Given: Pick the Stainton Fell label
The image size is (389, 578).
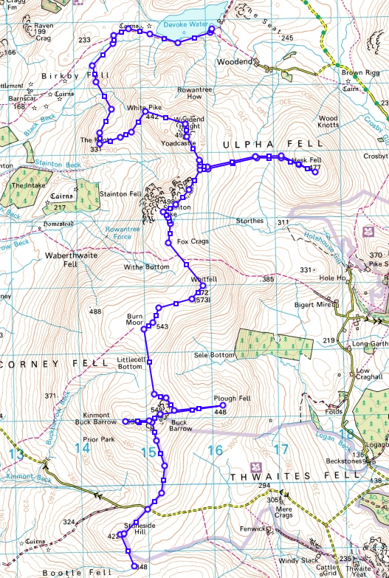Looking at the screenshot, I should (125, 193).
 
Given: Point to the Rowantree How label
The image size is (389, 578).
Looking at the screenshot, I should (185, 96).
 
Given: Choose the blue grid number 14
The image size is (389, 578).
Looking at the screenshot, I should (82, 448).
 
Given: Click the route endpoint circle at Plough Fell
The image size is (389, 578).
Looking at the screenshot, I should (223, 405).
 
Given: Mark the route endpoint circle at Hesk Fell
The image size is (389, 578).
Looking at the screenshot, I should (315, 173).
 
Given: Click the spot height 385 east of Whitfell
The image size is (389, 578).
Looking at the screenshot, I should (267, 280).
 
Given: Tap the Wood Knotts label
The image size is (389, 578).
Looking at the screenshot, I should (328, 123).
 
